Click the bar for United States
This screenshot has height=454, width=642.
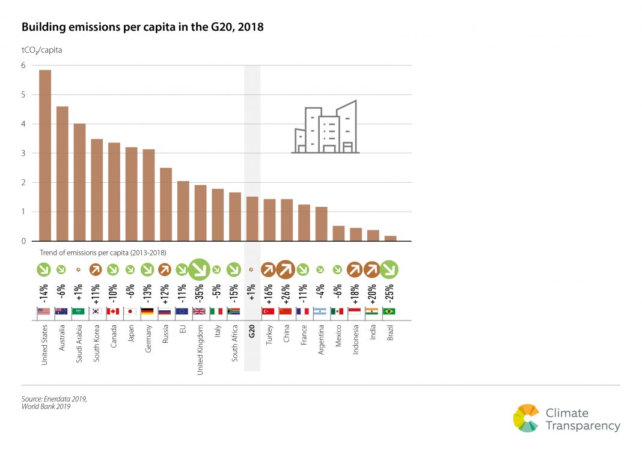pos(45,156)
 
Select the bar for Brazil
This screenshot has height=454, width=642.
pos(390,238)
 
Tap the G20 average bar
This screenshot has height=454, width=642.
pos(252,219)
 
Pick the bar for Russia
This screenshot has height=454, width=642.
pos(166,204)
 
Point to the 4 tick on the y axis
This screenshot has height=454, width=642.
pos(24,124)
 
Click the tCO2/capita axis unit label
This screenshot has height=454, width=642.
pos(42,51)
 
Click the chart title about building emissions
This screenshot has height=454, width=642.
pos(142,28)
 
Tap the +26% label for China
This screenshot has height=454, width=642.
pos(287,293)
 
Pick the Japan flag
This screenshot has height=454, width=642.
pos(130,311)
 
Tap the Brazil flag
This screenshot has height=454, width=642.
pos(390,311)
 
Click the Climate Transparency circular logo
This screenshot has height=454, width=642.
pos(527,418)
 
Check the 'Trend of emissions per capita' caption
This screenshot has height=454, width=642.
pos(103,253)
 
